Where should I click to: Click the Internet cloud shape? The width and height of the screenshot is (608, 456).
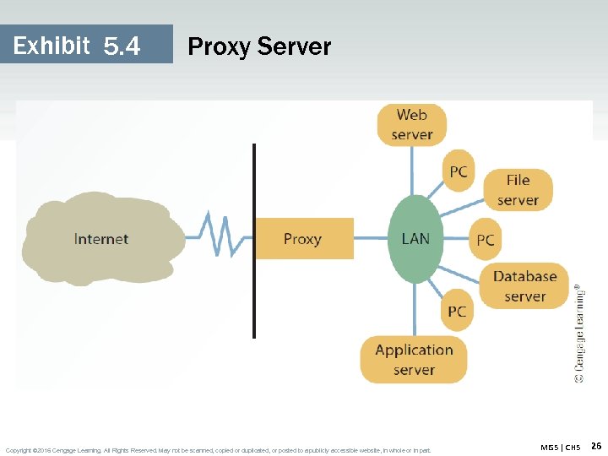[101, 238]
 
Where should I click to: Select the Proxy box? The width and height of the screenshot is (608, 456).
[303, 239]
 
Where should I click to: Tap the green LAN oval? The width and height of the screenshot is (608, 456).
[415, 239]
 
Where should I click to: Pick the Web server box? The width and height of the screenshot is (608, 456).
[412, 125]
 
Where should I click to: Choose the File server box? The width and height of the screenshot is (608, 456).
[518, 190]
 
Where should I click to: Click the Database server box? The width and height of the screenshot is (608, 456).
[524, 286]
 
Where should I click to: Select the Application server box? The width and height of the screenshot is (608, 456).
[414, 360]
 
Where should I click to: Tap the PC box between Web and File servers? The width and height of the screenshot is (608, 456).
[459, 172]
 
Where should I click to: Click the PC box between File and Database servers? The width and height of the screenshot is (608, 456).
[486, 240]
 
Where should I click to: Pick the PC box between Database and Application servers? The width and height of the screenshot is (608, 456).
[457, 312]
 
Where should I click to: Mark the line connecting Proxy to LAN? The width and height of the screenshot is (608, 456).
[371, 239]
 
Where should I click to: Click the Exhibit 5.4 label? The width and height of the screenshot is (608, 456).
[77, 46]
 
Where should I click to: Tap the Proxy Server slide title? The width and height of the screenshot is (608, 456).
[259, 46]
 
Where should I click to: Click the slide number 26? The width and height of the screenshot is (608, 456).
[595, 446]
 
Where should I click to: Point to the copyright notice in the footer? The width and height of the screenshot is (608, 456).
[218, 450]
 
